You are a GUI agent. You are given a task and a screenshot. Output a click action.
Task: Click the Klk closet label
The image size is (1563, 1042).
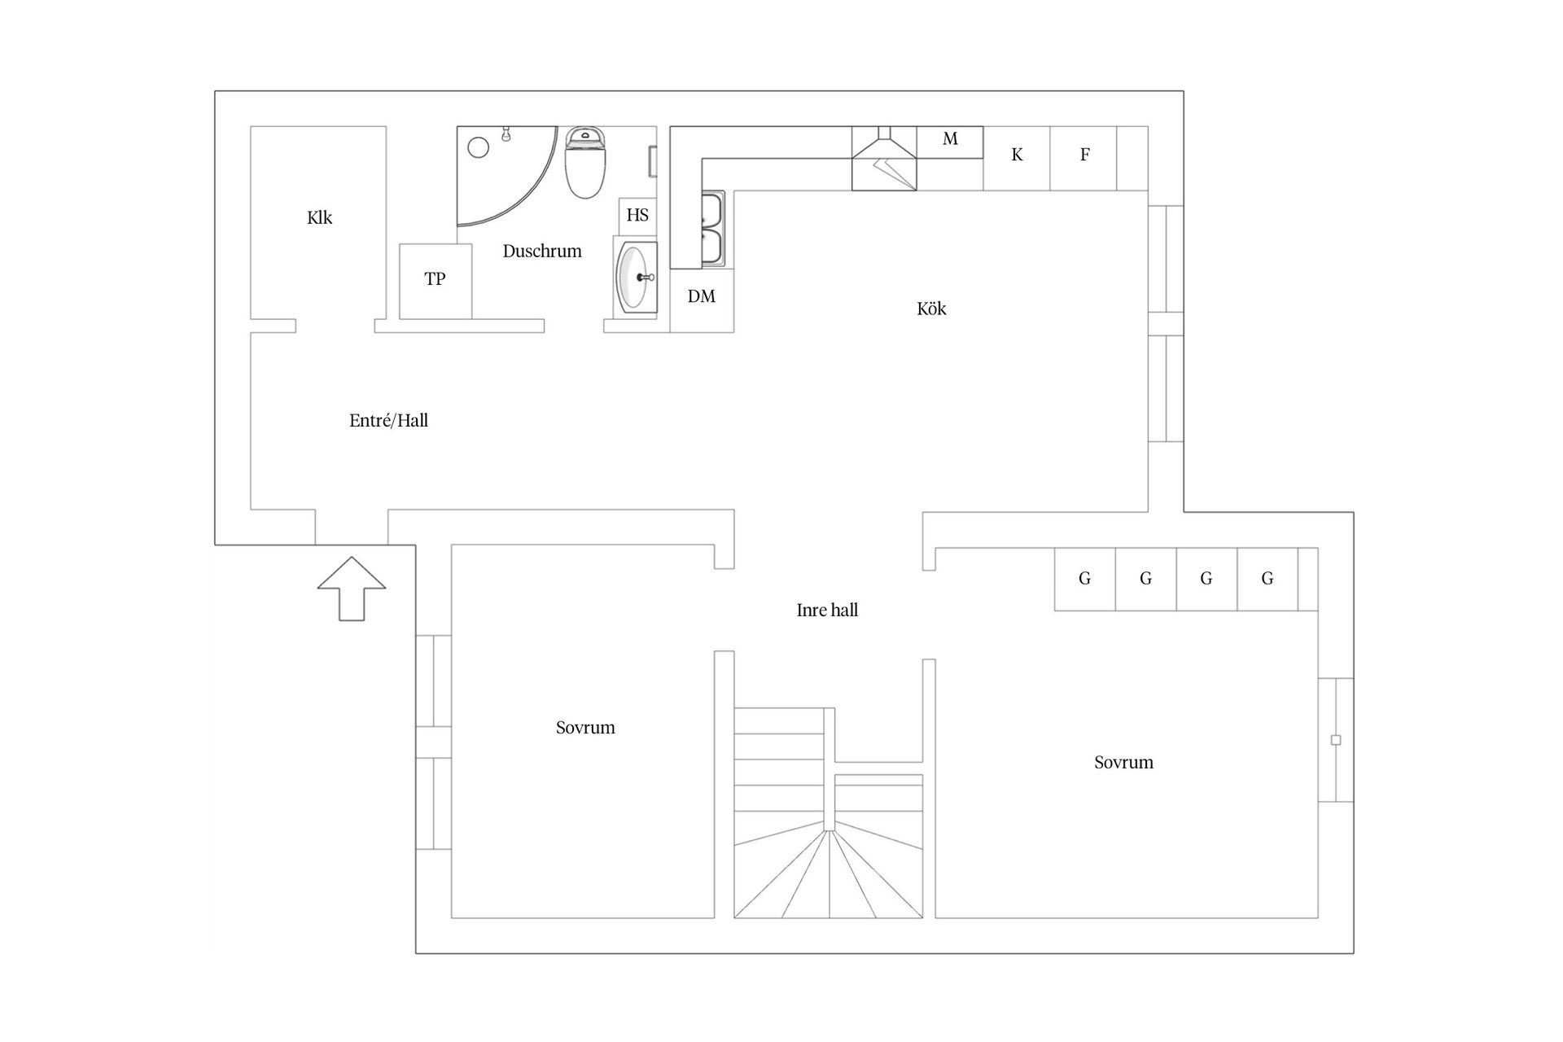tap(319, 217)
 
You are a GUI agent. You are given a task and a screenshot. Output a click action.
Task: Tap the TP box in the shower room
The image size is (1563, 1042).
tap(436, 281)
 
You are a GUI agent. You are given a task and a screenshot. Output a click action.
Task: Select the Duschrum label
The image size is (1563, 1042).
tap(542, 251)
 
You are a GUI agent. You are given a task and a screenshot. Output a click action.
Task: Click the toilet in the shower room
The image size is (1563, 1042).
tap(585, 163)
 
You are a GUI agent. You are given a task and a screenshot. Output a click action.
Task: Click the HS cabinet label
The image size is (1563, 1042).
tap(637, 215)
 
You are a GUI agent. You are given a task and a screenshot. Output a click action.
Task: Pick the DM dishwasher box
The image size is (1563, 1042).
tap(702, 300)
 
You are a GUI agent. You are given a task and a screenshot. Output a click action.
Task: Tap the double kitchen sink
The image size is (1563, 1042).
tap(712, 230)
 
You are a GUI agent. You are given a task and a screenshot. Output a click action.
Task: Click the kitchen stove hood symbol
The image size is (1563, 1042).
tap(884, 159)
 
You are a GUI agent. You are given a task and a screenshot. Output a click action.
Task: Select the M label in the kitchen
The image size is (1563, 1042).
tap(950, 139)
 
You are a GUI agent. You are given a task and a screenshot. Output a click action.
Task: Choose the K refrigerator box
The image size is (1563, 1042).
tap(1017, 158)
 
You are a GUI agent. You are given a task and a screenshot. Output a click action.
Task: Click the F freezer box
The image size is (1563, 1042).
tap(1084, 158)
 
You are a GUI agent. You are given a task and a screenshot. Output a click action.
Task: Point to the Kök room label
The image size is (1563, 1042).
tap(931, 309)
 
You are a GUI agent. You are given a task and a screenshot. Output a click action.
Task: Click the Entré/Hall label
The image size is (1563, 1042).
tap(388, 421)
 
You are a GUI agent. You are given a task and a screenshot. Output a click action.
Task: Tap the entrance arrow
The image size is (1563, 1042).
tap(352, 589)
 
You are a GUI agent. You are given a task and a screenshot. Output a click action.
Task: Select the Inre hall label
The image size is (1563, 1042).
tap(827, 610)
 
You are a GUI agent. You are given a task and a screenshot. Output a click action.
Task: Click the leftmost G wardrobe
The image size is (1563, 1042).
tap(1085, 579)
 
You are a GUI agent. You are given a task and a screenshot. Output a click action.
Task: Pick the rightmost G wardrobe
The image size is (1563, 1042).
tap(1267, 579)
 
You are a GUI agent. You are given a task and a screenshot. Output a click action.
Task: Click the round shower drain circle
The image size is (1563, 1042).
tap(479, 147)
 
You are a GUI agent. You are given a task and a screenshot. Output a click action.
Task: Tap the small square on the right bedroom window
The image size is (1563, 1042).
tap(1335, 740)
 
